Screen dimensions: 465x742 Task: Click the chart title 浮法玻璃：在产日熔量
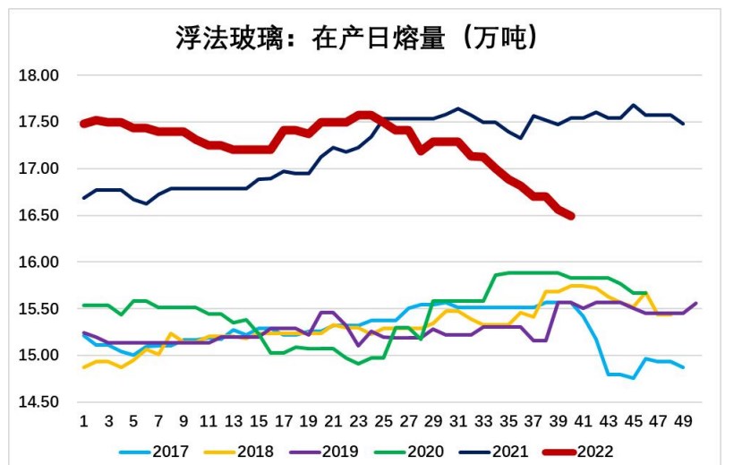pyautogui.click(x=355, y=38)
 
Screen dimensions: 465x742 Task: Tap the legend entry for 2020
pyautogui.click(x=425, y=452)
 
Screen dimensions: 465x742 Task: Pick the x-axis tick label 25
pyautogui.click(x=384, y=422)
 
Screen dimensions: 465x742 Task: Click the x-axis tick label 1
pyautogui.click(x=83, y=422)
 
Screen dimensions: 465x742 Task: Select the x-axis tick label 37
pyautogui.click(x=533, y=422)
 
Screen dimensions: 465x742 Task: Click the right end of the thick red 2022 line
pyautogui.click(x=571, y=216)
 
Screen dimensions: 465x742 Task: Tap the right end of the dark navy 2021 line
pyautogui.click(x=684, y=124)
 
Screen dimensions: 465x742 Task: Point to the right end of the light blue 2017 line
pyautogui.click(x=684, y=367)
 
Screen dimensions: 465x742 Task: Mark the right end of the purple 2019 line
pyautogui.click(x=696, y=303)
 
